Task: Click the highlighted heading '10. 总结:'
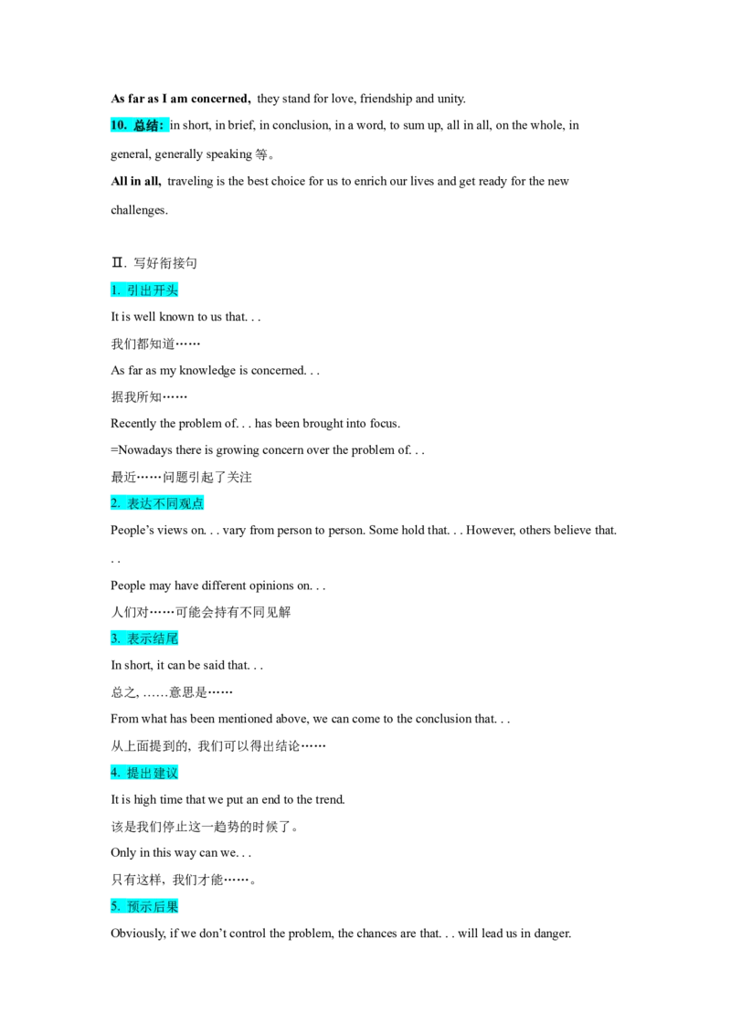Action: click(139, 125)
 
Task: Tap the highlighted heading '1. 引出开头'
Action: click(144, 290)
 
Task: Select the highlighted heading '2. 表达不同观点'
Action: click(157, 503)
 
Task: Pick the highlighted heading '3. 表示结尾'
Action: click(144, 638)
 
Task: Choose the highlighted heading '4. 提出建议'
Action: click(144, 773)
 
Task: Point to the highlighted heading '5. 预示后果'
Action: click(144, 907)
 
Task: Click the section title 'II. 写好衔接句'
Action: click(154, 263)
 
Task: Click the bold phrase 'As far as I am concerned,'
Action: click(181, 99)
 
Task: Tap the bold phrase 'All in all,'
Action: click(136, 182)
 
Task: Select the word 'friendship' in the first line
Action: click(386, 99)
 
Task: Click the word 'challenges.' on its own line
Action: click(139, 210)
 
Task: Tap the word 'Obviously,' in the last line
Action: click(139, 934)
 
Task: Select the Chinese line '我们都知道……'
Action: click(155, 343)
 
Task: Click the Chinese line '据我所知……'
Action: click(149, 397)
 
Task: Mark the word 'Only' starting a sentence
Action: click(123, 852)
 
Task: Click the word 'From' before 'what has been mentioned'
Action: click(124, 719)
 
